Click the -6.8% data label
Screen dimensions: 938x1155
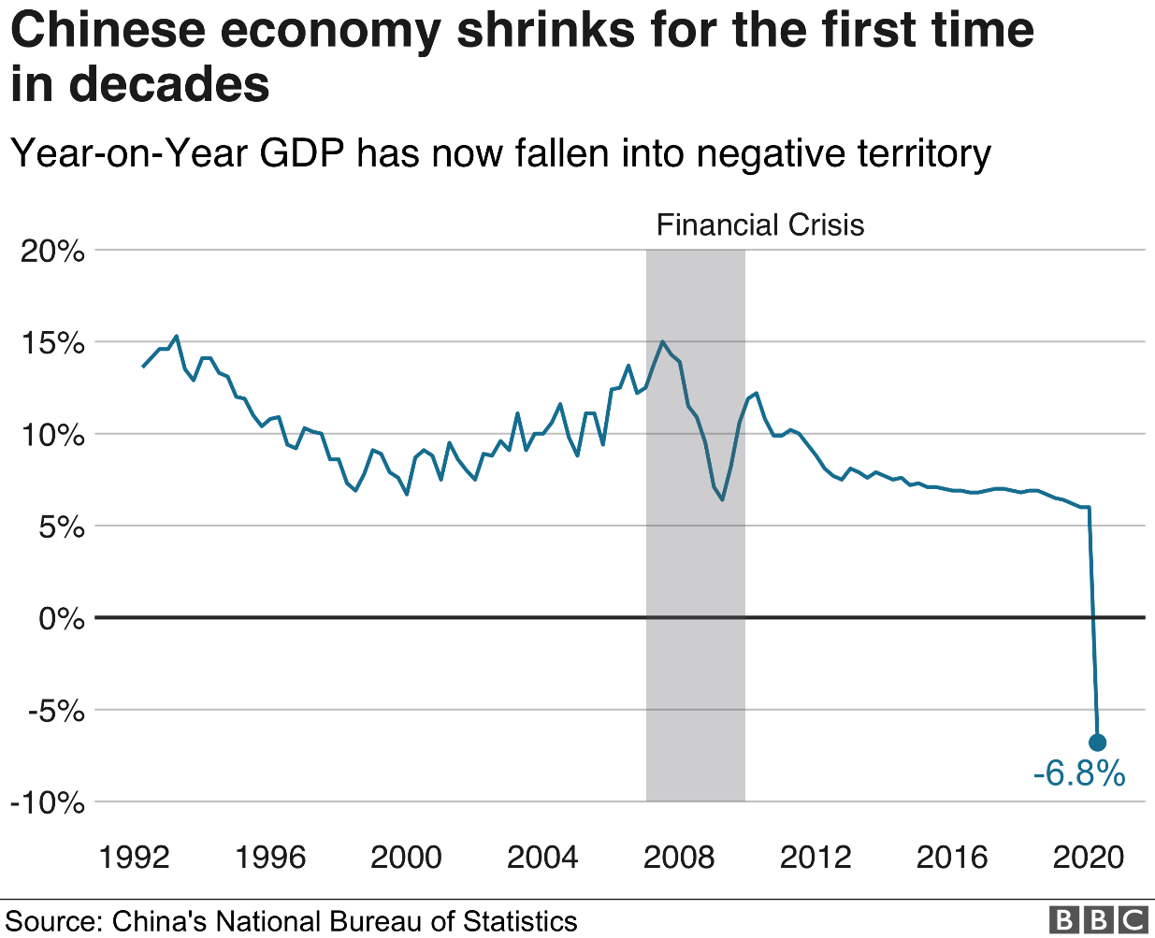[x=1078, y=774]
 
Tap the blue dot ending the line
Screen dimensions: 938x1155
[x=1098, y=743]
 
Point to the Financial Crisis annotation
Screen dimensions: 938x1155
[x=759, y=225]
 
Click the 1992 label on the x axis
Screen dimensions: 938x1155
[x=135, y=857]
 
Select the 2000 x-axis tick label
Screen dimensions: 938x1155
[x=407, y=857]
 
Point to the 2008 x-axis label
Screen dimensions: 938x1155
[x=680, y=857]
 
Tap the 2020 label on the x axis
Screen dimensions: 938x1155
[x=1089, y=857]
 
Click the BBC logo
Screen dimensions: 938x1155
[x=1098, y=920]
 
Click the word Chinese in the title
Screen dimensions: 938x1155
[x=109, y=30]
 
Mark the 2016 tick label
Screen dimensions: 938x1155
[x=952, y=857]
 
